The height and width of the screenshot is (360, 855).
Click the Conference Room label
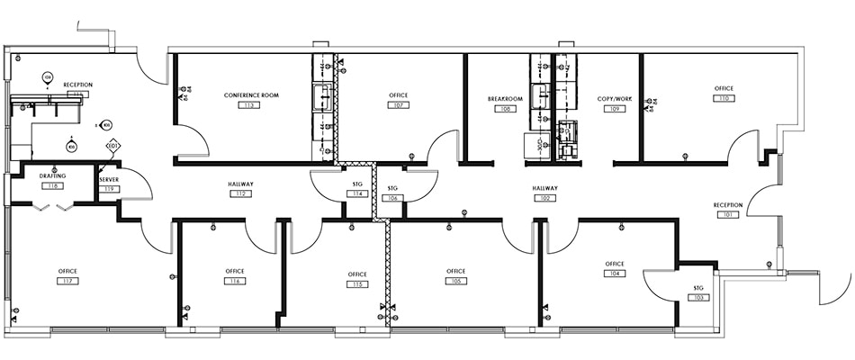pos(246,94)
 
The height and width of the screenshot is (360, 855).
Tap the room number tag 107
pos(397,105)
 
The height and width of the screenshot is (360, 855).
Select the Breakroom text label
pos(505,98)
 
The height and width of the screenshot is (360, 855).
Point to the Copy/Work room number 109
pos(615,109)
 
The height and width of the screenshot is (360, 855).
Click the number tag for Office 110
pos(723,99)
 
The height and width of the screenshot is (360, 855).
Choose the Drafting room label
pos(53,175)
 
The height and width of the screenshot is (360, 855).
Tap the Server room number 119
pos(109,188)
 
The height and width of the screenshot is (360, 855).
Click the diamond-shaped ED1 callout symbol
pos(112,145)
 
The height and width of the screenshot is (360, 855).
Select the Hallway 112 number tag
pos(240,194)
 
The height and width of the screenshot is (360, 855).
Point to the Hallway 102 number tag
pos(544,198)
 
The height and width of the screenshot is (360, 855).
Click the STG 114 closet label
pos(357,184)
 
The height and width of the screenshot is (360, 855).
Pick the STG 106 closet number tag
pos(392,198)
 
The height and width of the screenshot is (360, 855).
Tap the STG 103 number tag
pos(697,297)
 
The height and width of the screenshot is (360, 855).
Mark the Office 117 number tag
pos(67,282)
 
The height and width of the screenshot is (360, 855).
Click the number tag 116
pos(235,282)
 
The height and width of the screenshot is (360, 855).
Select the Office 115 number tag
pos(357,284)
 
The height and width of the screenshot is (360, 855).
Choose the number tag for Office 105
pos(455,281)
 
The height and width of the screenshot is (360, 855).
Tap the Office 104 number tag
pos(616,274)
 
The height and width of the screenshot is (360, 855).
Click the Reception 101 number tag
pos(727,215)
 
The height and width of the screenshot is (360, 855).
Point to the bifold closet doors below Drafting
pos(53,207)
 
